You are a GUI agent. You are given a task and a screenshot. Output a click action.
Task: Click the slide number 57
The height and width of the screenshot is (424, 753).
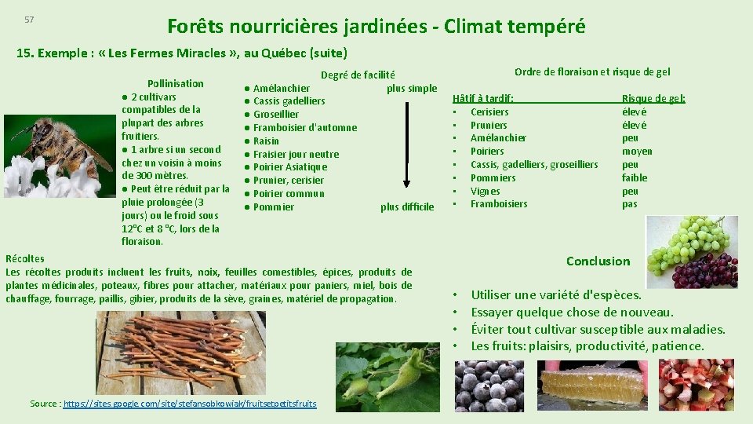29,20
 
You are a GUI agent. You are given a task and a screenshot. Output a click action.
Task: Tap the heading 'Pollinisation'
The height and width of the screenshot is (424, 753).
176,83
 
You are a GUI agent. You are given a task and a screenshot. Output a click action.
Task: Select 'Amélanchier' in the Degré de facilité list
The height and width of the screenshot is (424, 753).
281,88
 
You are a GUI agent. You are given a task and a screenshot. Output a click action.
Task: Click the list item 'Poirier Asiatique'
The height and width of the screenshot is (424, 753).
289,167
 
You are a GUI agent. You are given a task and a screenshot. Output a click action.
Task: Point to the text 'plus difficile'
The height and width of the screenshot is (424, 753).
406,207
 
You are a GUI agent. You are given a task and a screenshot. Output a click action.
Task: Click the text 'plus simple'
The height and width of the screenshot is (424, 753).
411,88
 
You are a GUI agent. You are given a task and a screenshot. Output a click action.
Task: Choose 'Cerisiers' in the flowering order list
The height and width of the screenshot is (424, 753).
489,112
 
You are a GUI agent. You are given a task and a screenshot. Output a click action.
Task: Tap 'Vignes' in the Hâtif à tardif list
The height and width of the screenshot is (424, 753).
485,191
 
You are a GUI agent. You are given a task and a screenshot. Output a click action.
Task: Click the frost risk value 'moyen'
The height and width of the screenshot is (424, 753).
636,152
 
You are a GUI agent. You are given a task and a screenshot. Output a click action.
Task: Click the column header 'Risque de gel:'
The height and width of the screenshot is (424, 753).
653,98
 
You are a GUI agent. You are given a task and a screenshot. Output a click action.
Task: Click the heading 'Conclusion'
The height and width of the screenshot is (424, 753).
598,261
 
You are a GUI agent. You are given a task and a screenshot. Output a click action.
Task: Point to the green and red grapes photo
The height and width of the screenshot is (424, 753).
692,252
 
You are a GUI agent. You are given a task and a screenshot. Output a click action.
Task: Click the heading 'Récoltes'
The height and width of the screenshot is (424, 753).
25,258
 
